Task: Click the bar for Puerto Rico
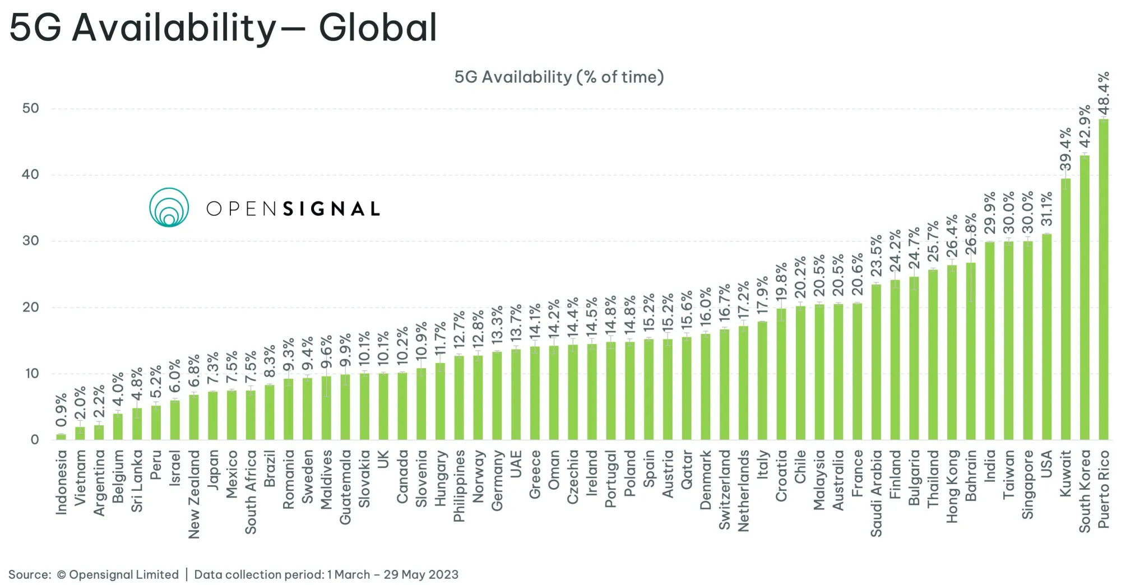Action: click(x=1103, y=280)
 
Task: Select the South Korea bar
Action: click(x=1085, y=297)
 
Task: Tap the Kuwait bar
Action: click(x=1066, y=308)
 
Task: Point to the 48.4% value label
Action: click(x=1103, y=92)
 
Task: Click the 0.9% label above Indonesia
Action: click(x=61, y=410)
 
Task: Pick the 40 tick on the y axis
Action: click(x=31, y=174)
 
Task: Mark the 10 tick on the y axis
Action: click(x=32, y=373)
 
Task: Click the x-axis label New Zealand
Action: click(x=194, y=494)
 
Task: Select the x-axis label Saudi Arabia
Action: click(x=876, y=493)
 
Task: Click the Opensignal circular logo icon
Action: click(x=169, y=207)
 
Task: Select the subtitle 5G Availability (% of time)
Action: click(x=559, y=77)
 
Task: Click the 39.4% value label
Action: click(x=1066, y=149)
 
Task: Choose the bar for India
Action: click(x=990, y=341)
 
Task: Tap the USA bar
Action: click(x=1046, y=336)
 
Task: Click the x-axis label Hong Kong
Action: click(x=952, y=486)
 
